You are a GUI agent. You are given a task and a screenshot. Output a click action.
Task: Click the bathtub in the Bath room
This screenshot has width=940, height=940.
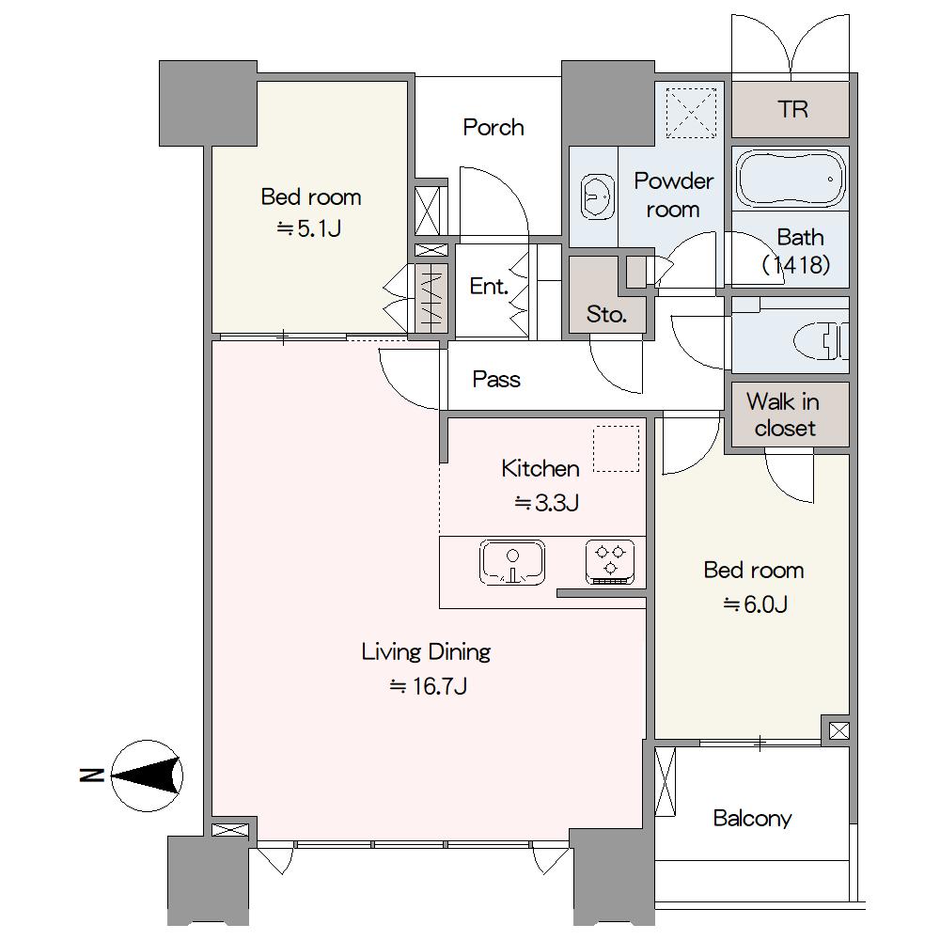pyautogui.click(x=791, y=179)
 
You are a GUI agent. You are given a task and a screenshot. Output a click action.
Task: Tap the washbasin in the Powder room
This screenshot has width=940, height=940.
pyautogui.click(x=597, y=196)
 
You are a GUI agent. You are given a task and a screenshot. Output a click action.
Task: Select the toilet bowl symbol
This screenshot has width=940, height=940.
pyautogui.click(x=822, y=341)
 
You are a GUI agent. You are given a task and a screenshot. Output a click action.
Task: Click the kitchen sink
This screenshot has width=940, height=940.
pyautogui.click(x=512, y=562)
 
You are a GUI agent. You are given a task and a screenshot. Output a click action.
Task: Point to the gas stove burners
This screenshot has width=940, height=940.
pyautogui.click(x=610, y=562)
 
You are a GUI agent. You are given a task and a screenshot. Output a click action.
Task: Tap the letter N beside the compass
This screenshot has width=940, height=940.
pyautogui.click(x=91, y=775)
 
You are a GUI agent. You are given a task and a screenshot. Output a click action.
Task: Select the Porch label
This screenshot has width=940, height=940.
pyautogui.click(x=493, y=128)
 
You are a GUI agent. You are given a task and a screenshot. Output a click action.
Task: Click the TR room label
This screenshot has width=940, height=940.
pyautogui.click(x=792, y=109)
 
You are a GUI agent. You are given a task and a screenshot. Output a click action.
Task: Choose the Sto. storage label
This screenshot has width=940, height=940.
pyautogui.click(x=606, y=314)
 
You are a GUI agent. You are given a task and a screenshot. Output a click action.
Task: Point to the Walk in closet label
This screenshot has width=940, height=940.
pyautogui.click(x=784, y=415)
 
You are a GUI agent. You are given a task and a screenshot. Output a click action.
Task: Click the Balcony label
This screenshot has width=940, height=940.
pyautogui.click(x=752, y=819)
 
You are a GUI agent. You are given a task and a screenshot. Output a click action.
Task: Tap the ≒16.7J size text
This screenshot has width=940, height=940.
pyautogui.click(x=428, y=686)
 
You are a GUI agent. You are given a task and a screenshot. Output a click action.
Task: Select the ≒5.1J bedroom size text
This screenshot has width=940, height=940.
pyautogui.click(x=309, y=228)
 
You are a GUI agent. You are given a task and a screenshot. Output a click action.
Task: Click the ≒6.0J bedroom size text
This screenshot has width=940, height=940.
pyautogui.click(x=755, y=604)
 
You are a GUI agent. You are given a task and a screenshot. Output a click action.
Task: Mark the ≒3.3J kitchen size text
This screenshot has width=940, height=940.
pyautogui.click(x=546, y=502)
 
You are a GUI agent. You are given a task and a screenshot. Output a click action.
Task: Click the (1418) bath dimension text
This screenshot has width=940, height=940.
pyautogui.click(x=796, y=264)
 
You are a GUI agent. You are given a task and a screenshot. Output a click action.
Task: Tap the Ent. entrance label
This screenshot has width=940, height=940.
pyautogui.click(x=489, y=287)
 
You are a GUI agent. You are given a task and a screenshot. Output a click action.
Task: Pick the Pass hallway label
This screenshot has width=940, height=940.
pyautogui.click(x=496, y=380)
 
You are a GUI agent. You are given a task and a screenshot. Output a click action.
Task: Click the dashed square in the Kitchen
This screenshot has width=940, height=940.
pyautogui.click(x=617, y=449)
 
